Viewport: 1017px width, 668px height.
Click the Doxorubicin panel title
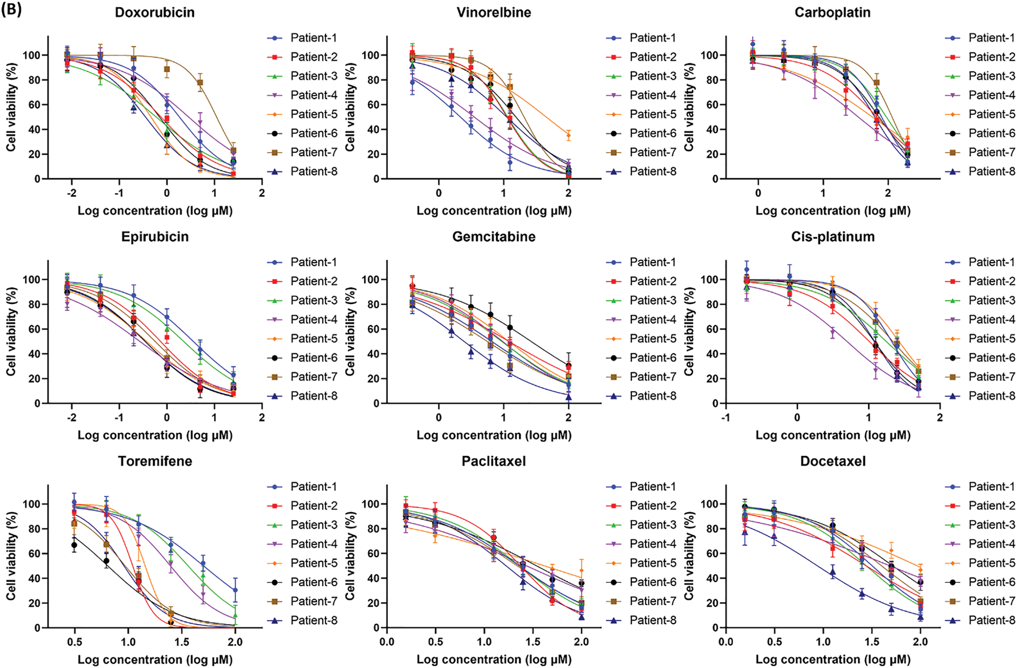click(x=155, y=12)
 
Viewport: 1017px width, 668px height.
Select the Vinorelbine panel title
click(x=494, y=12)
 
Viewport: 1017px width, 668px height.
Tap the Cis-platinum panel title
click(x=833, y=237)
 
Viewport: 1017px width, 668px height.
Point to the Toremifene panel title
click(x=155, y=462)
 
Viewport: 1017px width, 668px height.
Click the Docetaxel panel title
click(x=833, y=462)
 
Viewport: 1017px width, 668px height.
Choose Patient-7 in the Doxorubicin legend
click(x=314, y=153)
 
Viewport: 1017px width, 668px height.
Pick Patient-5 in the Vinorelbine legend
click(x=653, y=114)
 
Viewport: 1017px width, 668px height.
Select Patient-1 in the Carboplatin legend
click(x=992, y=38)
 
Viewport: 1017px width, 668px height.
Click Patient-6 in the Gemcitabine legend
click(x=653, y=358)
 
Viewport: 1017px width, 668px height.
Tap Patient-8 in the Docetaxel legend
click(x=992, y=621)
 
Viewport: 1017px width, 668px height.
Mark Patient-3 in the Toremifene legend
click(x=314, y=525)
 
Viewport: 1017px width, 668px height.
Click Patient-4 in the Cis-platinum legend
click(x=992, y=320)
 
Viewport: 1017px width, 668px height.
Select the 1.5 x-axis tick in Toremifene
click(x=182, y=642)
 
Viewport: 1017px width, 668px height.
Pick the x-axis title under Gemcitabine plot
click(x=494, y=435)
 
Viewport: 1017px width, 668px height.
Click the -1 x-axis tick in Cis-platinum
click(x=725, y=418)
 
